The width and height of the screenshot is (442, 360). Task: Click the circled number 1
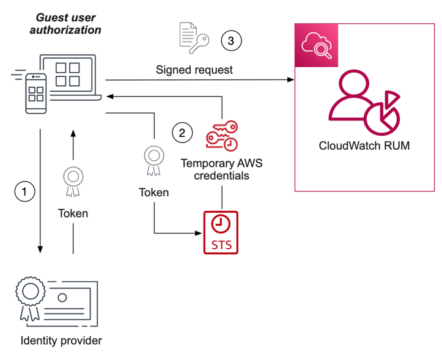[x=24, y=191]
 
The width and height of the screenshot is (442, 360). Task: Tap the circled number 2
[x=181, y=133]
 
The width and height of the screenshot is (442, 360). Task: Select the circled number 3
[x=230, y=41]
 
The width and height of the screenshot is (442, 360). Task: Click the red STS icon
[x=220, y=232]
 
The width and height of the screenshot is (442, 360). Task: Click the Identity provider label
[x=61, y=340]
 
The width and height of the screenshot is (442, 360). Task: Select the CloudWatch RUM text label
[x=364, y=146]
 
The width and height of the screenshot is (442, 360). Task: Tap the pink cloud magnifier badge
[x=316, y=45]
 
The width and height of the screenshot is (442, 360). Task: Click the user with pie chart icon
[x=363, y=103]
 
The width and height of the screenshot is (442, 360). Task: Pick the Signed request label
[x=194, y=70]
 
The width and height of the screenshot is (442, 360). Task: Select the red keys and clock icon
[x=221, y=136]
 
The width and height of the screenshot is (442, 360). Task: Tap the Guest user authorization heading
[x=65, y=24]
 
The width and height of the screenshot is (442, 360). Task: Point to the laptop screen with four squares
[x=68, y=75]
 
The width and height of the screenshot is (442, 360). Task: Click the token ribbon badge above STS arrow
[x=153, y=160]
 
